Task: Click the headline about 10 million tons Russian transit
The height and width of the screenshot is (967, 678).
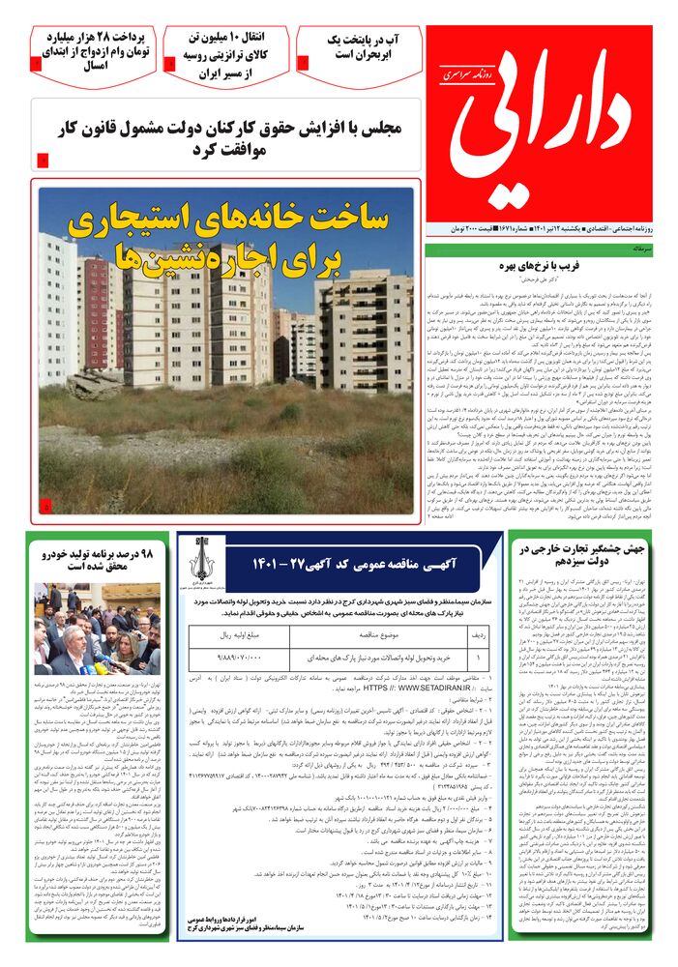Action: click(225, 54)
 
